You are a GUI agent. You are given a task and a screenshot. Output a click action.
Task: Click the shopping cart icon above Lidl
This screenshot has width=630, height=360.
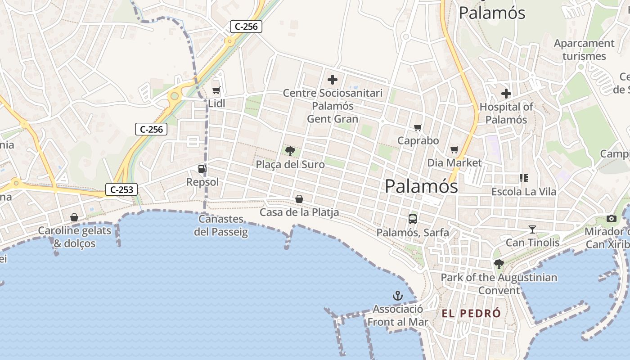pyautogui.click(x=216, y=90)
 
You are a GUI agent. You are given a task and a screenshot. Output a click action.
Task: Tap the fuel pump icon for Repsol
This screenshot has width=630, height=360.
pyautogui.click(x=202, y=169)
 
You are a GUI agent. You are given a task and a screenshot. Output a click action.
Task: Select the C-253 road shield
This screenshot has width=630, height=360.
pyautogui.click(x=121, y=189)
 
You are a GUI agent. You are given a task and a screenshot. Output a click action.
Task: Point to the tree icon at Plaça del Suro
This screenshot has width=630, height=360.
pyautogui.click(x=290, y=151)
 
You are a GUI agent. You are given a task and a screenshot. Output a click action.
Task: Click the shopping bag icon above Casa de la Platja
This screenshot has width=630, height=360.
pyautogui.click(x=299, y=198)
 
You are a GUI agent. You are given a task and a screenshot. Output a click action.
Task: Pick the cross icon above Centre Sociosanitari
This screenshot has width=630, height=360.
pyautogui.click(x=333, y=80)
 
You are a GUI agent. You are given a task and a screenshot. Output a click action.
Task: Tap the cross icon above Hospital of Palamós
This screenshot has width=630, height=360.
pyautogui.click(x=506, y=94)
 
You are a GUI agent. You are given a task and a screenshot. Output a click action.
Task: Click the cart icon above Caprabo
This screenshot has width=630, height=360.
pyautogui.click(x=418, y=127)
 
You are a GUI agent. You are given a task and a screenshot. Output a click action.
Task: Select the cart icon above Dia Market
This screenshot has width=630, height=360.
pyautogui.click(x=454, y=149)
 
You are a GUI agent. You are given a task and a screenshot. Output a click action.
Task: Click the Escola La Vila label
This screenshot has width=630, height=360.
pyautogui.click(x=523, y=192)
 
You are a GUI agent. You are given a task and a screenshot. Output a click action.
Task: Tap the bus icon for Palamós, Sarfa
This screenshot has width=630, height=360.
pyautogui.click(x=413, y=219)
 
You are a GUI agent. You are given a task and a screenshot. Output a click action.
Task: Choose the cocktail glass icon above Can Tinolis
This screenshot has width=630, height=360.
pyautogui.click(x=532, y=229)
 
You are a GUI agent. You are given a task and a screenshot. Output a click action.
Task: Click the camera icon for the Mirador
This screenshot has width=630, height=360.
pyautogui.click(x=612, y=218)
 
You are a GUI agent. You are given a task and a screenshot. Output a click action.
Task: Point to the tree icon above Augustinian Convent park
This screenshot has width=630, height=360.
pyautogui.click(x=499, y=264)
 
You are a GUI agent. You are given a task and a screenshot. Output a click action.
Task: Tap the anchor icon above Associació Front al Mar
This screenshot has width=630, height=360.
pyautogui.click(x=397, y=296)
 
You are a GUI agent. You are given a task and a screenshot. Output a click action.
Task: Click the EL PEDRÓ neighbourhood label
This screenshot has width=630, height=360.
pyautogui.click(x=471, y=314)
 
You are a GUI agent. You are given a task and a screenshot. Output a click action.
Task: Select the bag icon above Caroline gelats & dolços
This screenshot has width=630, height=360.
pyautogui.click(x=74, y=218)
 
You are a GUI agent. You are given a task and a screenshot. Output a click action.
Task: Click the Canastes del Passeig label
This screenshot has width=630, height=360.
pyautogui.click(x=221, y=225)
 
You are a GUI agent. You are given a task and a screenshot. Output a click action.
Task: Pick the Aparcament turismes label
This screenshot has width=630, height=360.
pyautogui.click(x=584, y=49)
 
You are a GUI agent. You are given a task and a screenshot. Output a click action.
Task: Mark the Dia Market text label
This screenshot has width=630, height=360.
pyautogui.click(x=454, y=162)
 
